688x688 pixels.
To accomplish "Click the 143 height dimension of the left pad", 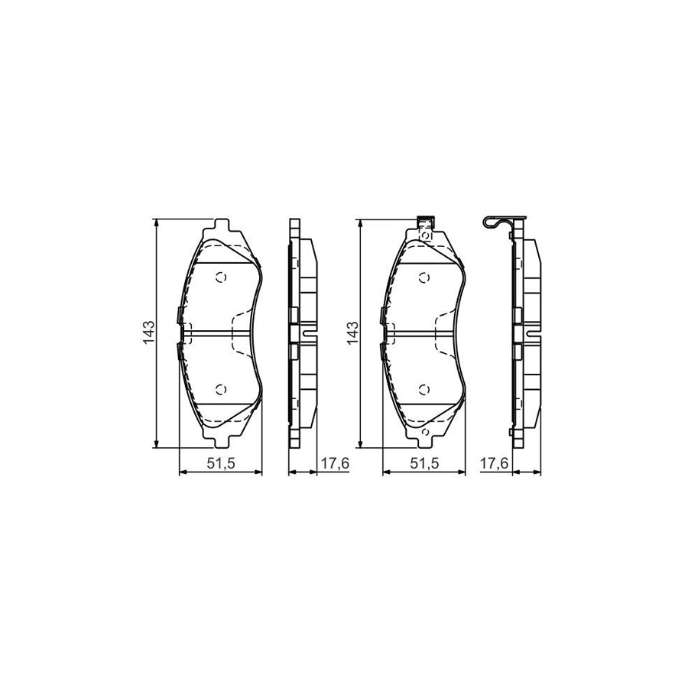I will pyautogui.click(x=149, y=333).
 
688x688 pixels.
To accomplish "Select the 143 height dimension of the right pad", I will pyautogui.click(x=352, y=333).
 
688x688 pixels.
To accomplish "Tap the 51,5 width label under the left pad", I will pyautogui.click(x=220, y=463).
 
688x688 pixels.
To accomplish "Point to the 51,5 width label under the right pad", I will pyautogui.click(x=424, y=463).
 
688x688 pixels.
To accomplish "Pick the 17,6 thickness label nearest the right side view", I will pyautogui.click(x=496, y=463).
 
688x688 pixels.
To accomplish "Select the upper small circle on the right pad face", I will pyautogui.click(x=424, y=277).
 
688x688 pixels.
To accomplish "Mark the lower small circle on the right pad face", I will pyautogui.click(x=424, y=389).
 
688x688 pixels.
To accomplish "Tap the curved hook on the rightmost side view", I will pyautogui.click(x=491, y=222).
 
